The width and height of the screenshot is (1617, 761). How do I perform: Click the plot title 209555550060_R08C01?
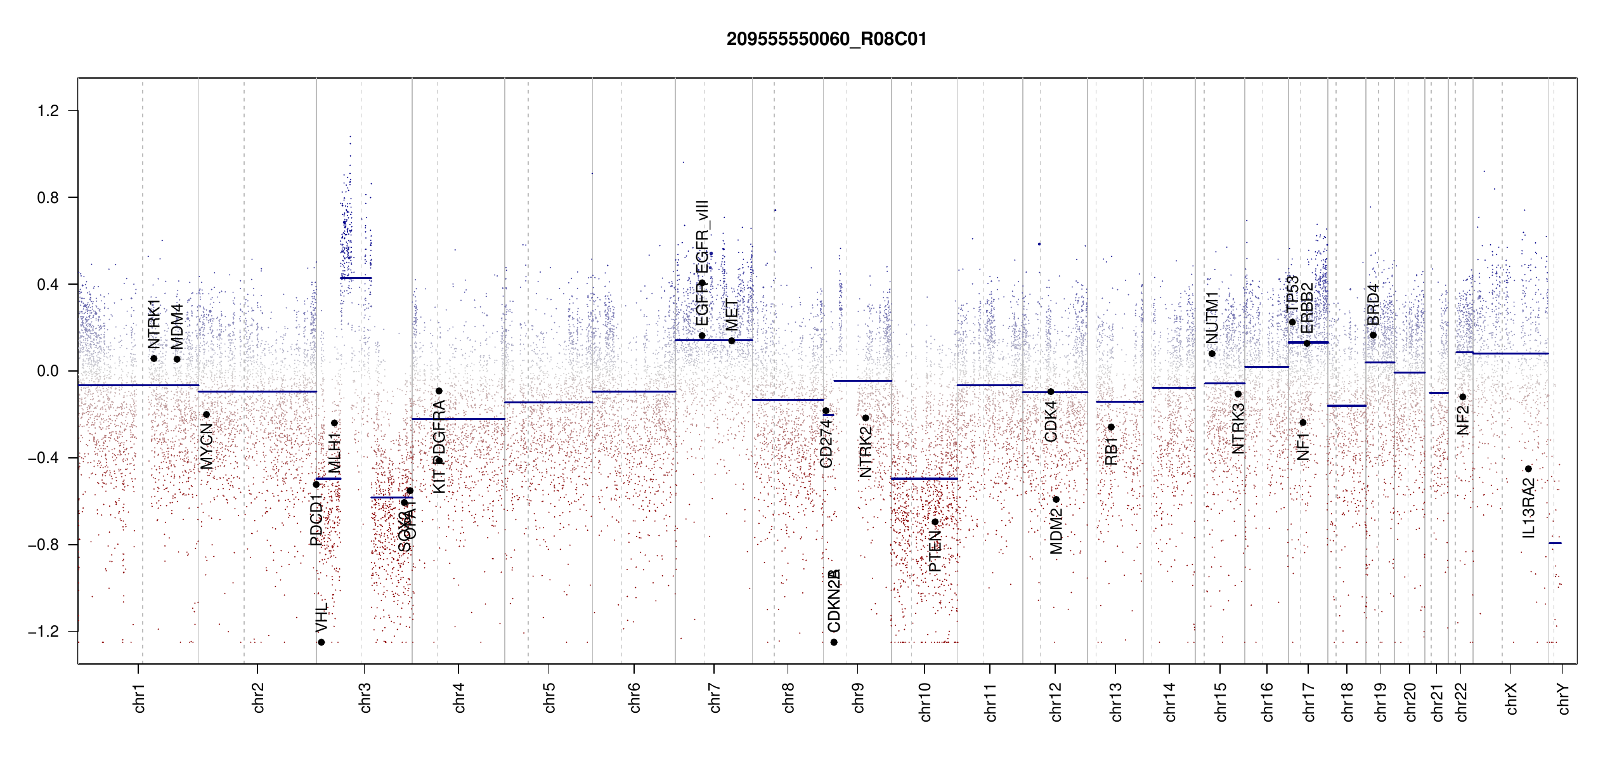pos(826,39)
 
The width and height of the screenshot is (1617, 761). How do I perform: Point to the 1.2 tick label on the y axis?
pos(48,111)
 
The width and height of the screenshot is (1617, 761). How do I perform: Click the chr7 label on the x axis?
pos(715,698)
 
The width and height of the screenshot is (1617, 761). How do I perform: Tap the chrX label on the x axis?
pos(1511,698)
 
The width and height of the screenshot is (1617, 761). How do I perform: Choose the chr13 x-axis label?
pos(1115,701)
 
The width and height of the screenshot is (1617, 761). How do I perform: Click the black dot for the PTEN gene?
pos(935,522)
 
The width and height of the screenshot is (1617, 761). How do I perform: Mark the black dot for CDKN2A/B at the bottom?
pos(834,642)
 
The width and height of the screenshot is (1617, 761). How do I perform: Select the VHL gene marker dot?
pos(321,642)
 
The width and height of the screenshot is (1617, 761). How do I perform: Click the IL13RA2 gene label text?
pos(1529,508)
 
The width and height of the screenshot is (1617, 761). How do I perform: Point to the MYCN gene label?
pos(207,446)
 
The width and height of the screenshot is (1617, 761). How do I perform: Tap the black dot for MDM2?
pos(1056,500)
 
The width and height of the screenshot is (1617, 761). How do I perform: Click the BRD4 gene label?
pos(1373,304)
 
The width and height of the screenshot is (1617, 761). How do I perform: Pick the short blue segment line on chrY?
pos(1555,543)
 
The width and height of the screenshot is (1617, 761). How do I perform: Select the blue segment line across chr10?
pos(924,479)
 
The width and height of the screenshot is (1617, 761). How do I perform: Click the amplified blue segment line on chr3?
pos(356,278)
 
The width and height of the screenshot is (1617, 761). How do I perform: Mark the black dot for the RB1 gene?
pos(1111,427)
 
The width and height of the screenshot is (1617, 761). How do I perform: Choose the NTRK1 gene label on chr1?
pos(154,324)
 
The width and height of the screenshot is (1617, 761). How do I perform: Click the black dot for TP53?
pos(1292,322)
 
